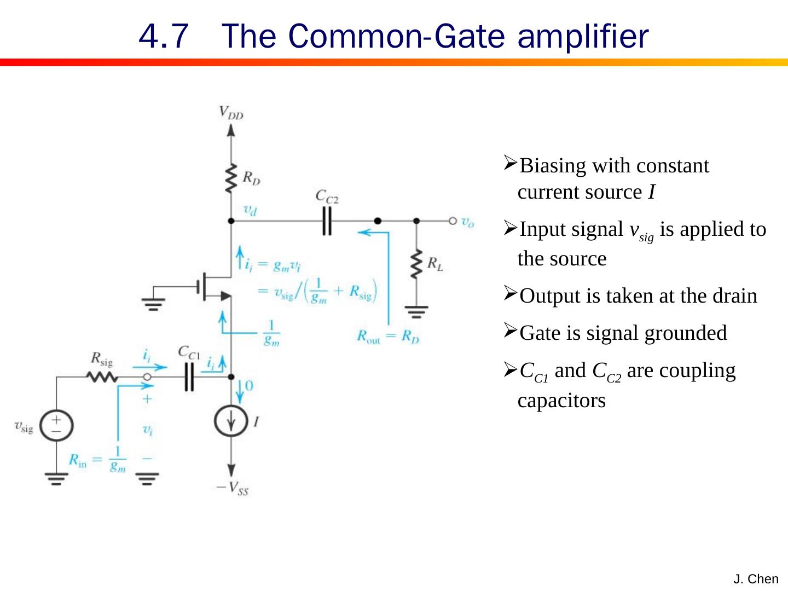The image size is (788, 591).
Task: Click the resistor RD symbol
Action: (231, 178)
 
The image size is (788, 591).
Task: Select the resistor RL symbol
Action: (417, 264)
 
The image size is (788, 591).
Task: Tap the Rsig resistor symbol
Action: (101, 377)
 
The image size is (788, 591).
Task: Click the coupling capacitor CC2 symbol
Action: (327, 221)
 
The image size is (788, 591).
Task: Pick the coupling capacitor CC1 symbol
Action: (189, 377)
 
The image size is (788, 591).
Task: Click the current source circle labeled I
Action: (231, 422)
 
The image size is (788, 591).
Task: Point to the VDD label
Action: (231, 113)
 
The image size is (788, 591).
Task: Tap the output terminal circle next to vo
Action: (452, 221)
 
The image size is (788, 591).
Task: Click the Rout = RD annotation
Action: (388, 336)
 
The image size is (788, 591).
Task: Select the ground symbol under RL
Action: (417, 313)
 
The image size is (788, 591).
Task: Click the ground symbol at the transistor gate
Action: (153, 303)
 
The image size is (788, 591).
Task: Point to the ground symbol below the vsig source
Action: (56, 479)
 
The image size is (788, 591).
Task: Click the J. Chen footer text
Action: (756, 579)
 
